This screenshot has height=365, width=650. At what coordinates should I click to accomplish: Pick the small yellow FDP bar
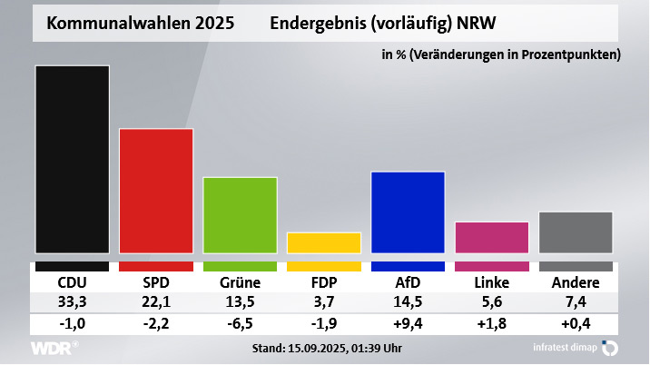coord(324,242)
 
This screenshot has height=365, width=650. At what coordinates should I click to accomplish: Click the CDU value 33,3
coord(72,302)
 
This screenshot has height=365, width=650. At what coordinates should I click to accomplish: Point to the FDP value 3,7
coord(324,302)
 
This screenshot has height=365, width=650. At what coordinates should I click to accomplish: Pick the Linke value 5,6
coord(491,302)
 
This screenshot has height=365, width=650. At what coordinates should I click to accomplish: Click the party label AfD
coord(408,281)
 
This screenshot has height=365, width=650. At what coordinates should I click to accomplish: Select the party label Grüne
coord(240,281)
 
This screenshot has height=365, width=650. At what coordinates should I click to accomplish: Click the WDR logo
coord(54,349)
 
